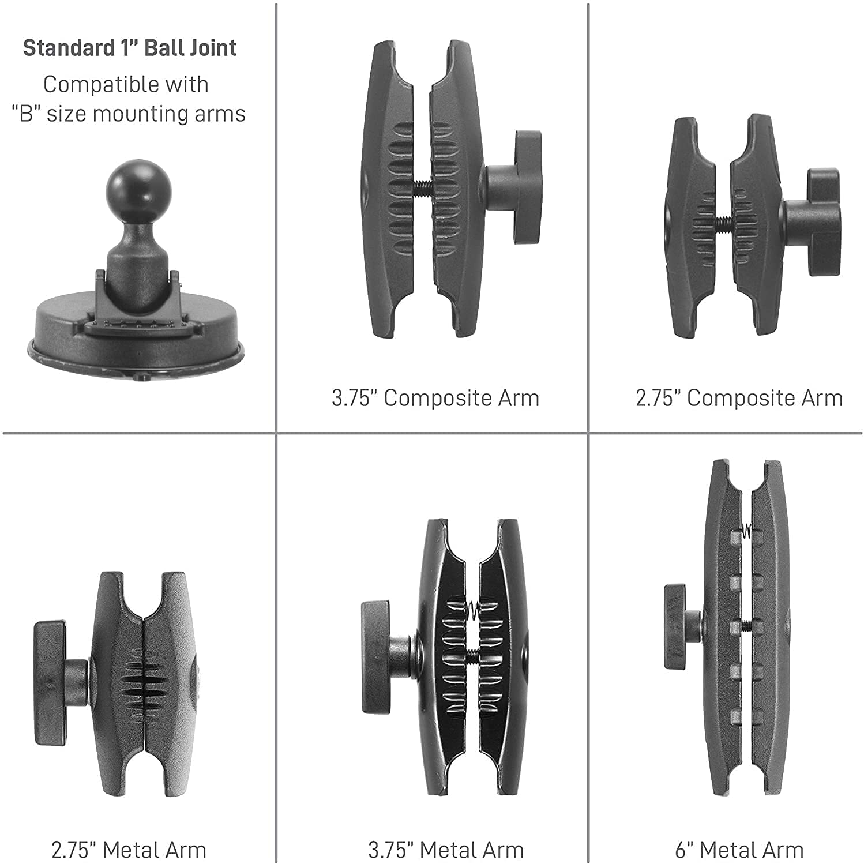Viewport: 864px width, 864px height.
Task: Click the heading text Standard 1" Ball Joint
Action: (130, 48)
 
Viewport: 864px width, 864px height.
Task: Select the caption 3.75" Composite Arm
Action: (435, 399)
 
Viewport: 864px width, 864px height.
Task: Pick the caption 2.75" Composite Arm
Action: (739, 399)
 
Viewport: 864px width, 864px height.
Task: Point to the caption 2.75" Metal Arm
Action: (129, 850)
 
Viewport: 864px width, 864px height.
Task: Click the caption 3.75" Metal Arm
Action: (446, 850)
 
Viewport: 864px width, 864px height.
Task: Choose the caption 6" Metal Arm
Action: (739, 850)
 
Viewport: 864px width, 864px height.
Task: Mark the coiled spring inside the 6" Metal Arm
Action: (747, 529)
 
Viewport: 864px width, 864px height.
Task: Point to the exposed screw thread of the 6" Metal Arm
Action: (746, 625)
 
